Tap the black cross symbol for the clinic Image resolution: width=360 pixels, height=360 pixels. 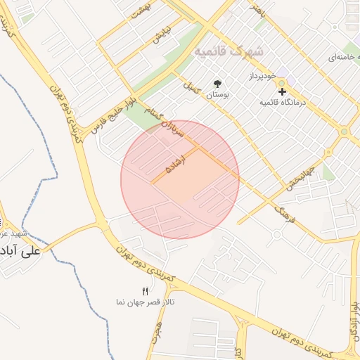tap(282, 91)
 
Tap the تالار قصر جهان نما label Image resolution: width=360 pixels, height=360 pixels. tap(146, 302)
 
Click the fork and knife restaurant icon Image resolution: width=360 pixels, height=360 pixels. tap(146, 290)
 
